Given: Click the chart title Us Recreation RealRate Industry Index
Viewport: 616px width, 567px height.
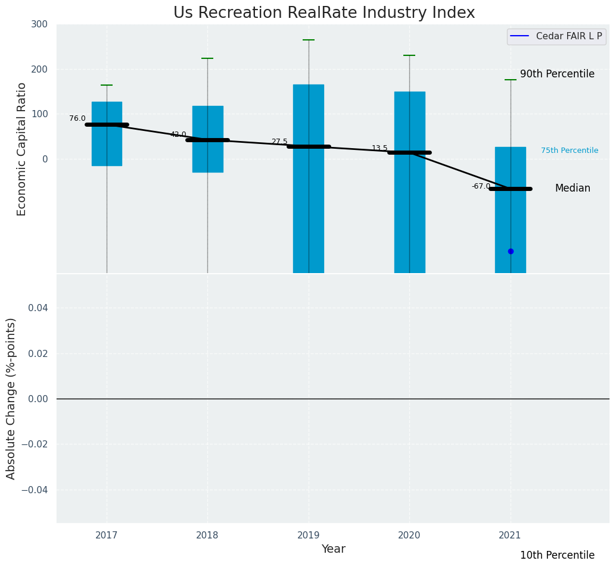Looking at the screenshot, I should [x=324, y=13].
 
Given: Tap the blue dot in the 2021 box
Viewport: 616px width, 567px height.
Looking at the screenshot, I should [x=511, y=251].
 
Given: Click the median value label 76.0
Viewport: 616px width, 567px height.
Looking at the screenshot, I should [x=77, y=118].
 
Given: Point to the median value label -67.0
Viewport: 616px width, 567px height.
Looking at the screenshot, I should [x=481, y=186].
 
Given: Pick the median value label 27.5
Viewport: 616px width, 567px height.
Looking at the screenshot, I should [x=279, y=142].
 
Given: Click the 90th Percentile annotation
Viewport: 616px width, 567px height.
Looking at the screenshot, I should [x=557, y=74].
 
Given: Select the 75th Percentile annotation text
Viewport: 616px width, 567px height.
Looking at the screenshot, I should [x=570, y=151].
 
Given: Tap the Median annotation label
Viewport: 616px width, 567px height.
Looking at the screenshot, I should [x=573, y=188].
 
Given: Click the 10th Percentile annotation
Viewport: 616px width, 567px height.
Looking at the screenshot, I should [x=557, y=555].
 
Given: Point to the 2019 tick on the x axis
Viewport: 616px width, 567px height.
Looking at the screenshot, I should [x=309, y=535].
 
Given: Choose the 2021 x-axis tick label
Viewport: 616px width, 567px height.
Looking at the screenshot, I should [x=511, y=535].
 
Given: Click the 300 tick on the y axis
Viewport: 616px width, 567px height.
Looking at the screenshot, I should [x=40, y=24].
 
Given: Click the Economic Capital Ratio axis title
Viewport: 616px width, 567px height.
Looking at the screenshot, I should [x=22, y=149].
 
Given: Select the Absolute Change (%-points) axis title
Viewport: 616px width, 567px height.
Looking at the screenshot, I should [x=11, y=398].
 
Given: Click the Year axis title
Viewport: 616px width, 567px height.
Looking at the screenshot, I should [x=333, y=549].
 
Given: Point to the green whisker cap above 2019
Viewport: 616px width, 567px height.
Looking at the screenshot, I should [x=309, y=40].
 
